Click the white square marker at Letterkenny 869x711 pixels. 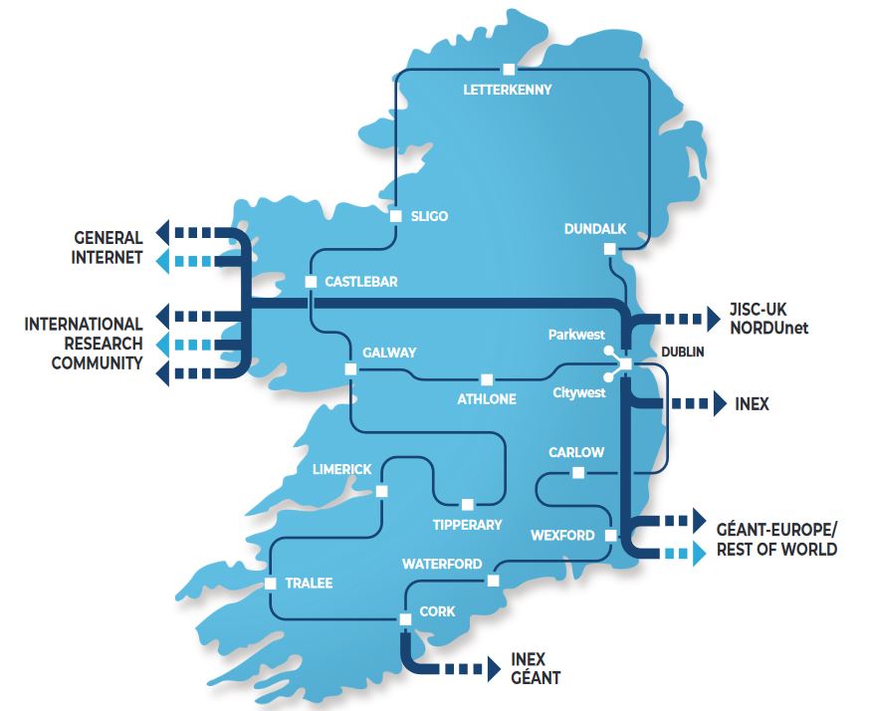(509, 69)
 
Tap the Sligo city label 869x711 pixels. (429, 216)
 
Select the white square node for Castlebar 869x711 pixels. (311, 282)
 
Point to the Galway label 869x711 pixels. (389, 353)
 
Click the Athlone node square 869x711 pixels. (486, 379)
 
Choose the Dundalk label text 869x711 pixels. (594, 229)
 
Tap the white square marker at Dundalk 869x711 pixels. (609, 250)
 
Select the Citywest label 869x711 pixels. (578, 393)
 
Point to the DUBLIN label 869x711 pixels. (682, 353)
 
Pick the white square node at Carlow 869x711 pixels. (577, 473)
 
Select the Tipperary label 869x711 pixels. (467, 524)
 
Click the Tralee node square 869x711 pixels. (271, 584)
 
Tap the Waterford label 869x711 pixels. (442, 564)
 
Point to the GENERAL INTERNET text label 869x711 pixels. (109, 248)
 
